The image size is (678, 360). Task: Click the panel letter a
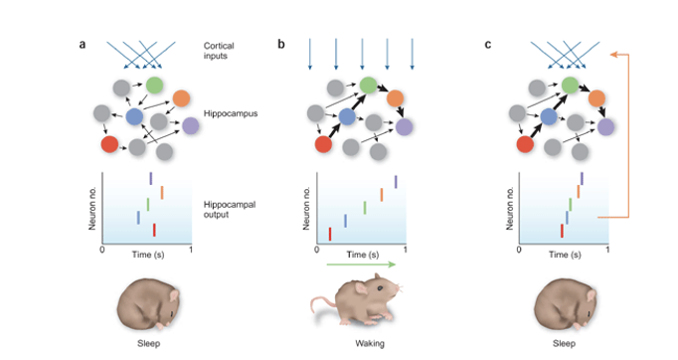point(84,46)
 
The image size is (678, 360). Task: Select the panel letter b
point(281,46)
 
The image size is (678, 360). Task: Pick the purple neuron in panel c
point(605,126)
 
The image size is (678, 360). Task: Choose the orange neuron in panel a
point(181,98)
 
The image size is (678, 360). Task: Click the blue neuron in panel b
point(347,117)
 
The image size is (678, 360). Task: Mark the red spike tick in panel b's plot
point(330,234)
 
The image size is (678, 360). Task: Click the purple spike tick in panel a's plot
point(150,178)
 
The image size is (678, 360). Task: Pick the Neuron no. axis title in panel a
point(91,209)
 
